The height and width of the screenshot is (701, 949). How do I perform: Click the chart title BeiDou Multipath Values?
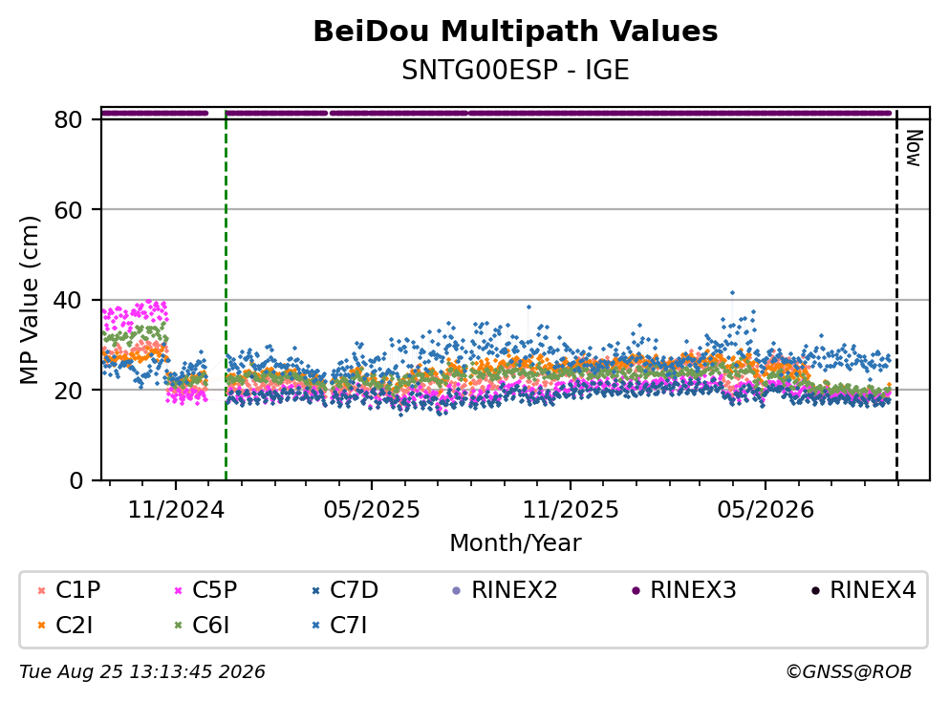(x=515, y=32)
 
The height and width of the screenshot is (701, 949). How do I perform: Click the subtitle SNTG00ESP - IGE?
(x=515, y=70)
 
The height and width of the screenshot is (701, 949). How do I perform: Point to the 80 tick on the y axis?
(x=68, y=119)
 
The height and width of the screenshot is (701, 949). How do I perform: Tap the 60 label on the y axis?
(x=68, y=210)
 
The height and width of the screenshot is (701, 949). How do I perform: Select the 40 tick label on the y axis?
(x=68, y=300)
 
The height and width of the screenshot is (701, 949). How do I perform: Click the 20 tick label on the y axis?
(x=68, y=390)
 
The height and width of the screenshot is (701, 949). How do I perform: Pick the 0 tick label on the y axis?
(x=75, y=480)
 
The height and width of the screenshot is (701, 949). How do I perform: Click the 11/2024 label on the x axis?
(x=176, y=510)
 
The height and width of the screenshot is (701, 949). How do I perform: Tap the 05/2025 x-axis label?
(x=371, y=510)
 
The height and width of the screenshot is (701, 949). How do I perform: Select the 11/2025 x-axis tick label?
(x=571, y=510)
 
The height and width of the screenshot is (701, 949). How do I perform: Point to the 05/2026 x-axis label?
(x=766, y=510)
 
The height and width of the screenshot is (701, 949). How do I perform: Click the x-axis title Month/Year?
(x=515, y=543)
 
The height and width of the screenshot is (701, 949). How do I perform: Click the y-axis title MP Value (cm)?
(x=29, y=300)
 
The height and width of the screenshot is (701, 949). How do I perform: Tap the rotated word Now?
(x=914, y=148)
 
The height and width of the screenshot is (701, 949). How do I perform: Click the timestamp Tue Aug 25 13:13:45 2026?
(x=142, y=672)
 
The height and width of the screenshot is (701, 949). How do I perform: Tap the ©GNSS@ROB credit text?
(x=849, y=672)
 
